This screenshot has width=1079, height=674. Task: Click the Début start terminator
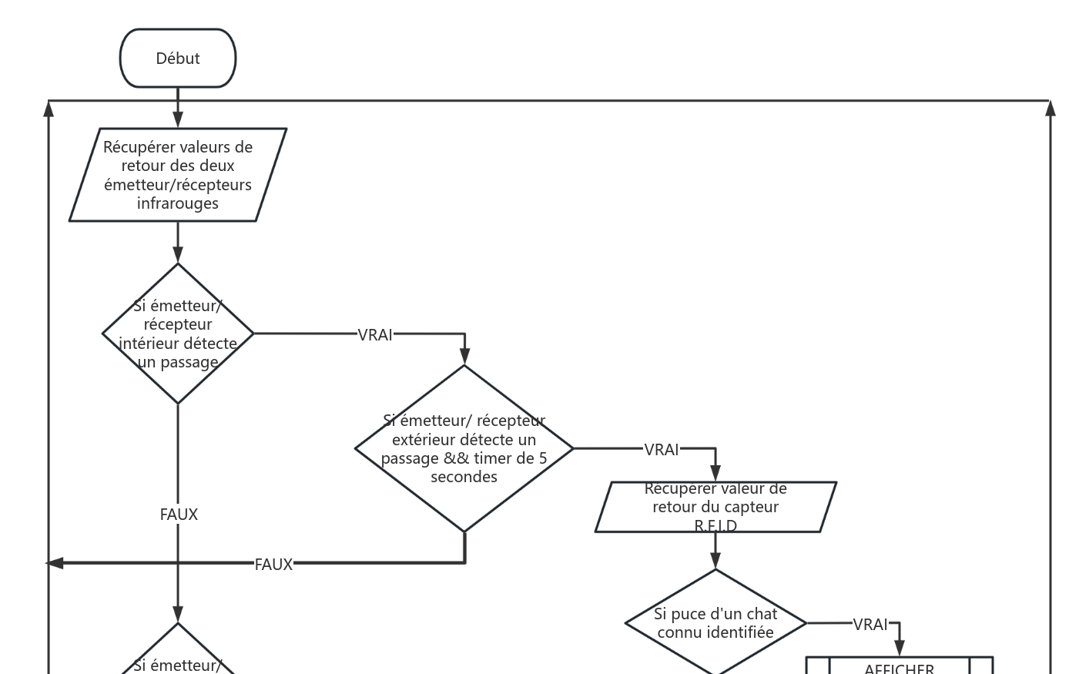pos(178,59)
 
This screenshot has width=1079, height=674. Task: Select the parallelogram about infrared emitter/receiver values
pos(178,175)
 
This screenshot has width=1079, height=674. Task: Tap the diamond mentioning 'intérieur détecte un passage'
pos(178,334)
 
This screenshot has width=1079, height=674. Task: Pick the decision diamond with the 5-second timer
pos(464,448)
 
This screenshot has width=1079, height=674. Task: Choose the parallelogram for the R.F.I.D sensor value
pos(715,507)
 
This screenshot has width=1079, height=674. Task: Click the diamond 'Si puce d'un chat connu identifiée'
pos(715,623)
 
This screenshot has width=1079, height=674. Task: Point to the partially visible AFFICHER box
pos(899,666)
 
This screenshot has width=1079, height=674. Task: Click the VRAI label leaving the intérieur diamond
pos(375,334)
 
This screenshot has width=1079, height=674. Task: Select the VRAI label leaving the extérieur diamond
pos(662,449)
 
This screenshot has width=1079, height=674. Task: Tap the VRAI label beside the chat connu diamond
pos(870,625)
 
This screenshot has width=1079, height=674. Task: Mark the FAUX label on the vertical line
pos(179,514)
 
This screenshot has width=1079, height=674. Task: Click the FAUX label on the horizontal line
pos(273,565)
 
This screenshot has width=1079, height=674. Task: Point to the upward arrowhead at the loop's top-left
pos(49,109)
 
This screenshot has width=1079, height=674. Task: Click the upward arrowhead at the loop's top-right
pos(1051,109)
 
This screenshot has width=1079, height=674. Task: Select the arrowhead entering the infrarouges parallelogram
pos(178,120)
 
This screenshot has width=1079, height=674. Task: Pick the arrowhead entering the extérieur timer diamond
pos(464,356)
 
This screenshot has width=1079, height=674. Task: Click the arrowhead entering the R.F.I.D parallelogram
pos(715,474)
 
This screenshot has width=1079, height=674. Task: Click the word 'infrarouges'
pos(178,203)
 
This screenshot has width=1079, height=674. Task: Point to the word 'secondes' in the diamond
pos(464,477)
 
